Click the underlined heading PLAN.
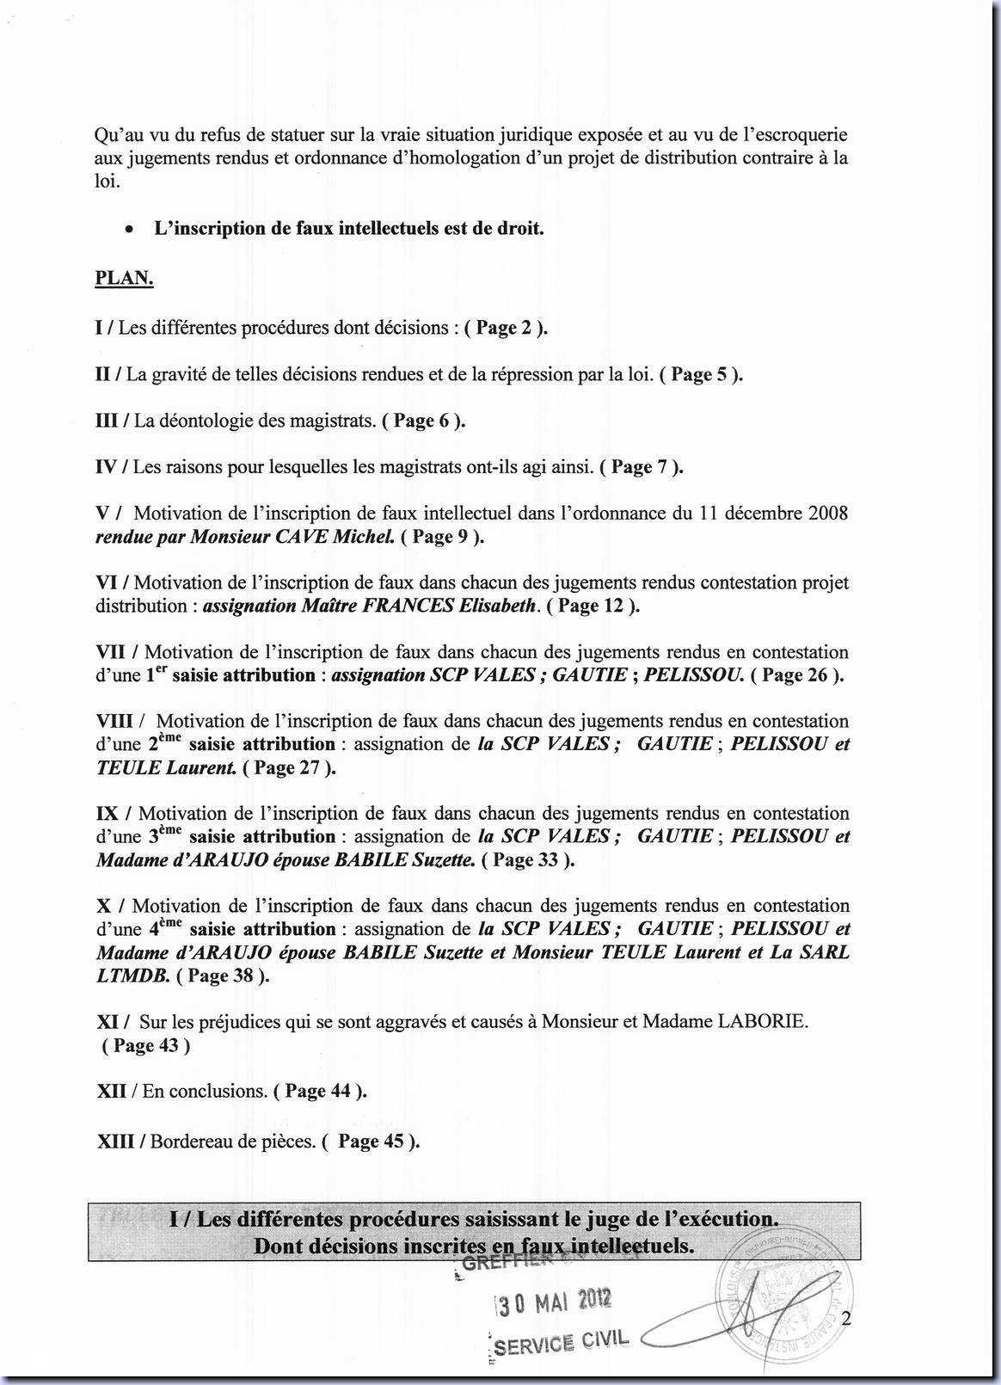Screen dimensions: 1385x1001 point(124,279)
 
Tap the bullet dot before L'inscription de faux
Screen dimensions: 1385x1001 point(128,230)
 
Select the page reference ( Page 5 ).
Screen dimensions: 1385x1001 point(701,375)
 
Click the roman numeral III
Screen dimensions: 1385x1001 point(107,422)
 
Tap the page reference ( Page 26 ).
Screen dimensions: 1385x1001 point(797,675)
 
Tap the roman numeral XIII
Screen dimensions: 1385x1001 point(120,1142)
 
